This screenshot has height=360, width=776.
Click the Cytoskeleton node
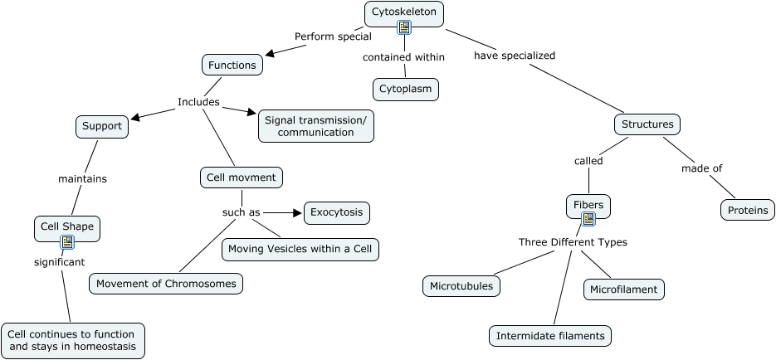pos(404,12)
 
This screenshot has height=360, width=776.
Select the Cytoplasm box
pos(405,89)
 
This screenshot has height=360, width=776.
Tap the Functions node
pos(232,65)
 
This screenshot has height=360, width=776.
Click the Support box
pos(102,127)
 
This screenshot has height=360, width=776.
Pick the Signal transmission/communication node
pos(315,126)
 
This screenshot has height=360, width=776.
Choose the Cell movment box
pos(242,178)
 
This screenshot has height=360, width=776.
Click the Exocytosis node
pos(336,213)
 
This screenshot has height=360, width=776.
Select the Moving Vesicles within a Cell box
pos(300,250)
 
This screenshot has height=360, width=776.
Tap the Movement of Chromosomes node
pos(166,284)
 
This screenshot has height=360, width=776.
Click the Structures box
pos(647,125)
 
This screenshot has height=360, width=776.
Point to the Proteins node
pos(747,210)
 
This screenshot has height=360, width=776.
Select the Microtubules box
pos(461,287)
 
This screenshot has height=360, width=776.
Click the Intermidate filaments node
pos(550,336)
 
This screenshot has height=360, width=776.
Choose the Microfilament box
pos(624,289)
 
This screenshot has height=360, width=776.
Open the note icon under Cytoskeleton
pos(404,28)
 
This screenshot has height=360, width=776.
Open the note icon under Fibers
pos(588,219)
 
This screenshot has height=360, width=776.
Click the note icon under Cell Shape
pos(67,242)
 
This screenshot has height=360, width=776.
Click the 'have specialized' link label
pos(515,56)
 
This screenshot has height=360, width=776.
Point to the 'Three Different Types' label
pos(573,242)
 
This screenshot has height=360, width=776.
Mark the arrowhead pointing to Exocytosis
pos(296,213)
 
